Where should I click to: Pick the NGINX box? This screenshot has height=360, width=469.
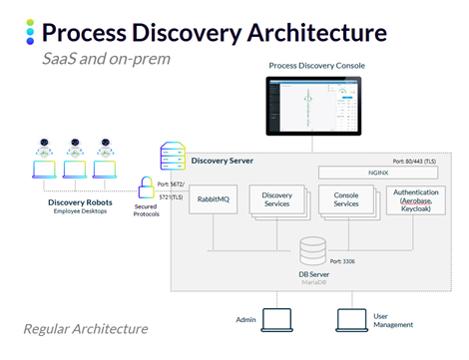pos(377,173)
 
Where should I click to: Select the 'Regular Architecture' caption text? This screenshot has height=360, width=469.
pos(86,328)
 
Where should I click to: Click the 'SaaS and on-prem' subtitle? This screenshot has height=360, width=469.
pos(106,59)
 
